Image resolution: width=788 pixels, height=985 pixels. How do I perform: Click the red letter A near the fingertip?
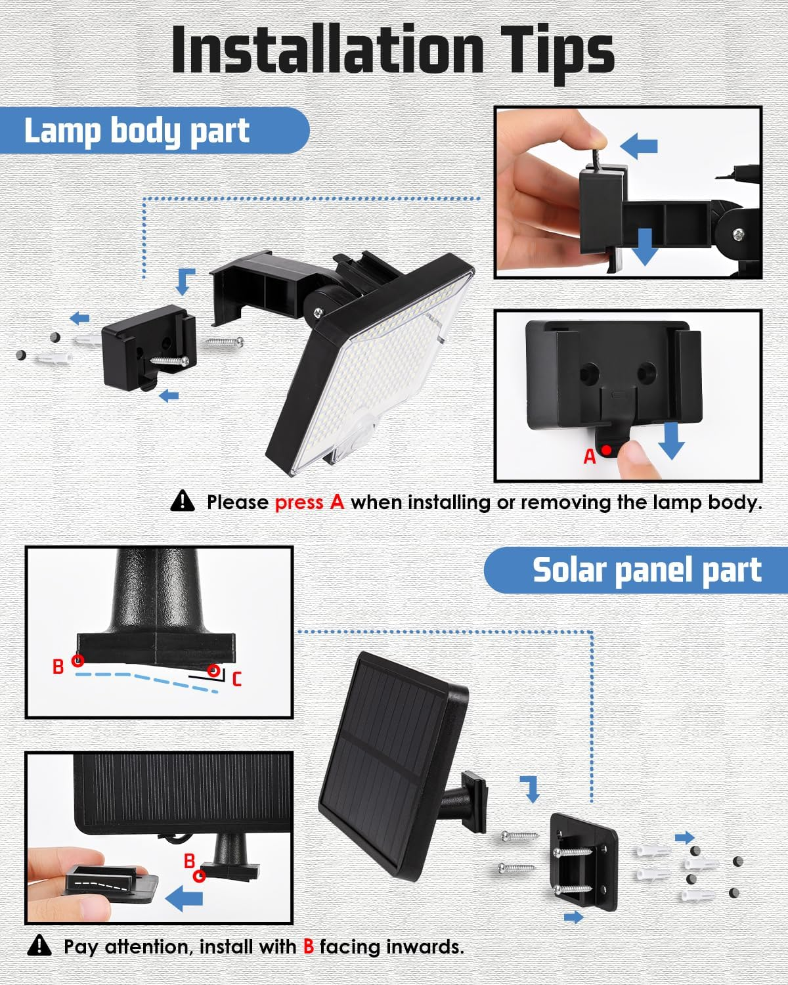589,456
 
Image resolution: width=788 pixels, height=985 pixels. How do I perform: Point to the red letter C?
237,679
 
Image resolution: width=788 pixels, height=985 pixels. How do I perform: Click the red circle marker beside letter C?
213,670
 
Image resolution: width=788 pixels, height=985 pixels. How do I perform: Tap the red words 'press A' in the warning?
309,502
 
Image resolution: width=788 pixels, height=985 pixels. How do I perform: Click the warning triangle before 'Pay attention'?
40,946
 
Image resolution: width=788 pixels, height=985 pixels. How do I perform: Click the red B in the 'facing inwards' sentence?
309,947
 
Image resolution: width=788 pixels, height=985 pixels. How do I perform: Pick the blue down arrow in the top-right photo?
645,247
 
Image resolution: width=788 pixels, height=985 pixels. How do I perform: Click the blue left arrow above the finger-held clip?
639,146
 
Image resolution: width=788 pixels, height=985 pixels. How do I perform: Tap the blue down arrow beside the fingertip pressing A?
670,441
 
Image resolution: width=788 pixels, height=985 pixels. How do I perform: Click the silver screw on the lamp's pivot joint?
318,313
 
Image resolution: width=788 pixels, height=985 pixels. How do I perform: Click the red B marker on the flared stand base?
77,661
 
